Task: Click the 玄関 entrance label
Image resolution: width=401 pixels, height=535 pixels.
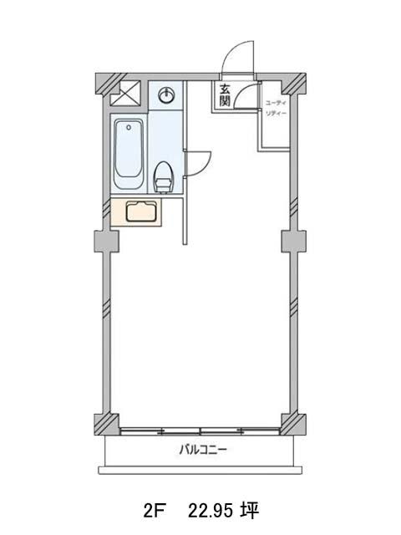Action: [x=225, y=95]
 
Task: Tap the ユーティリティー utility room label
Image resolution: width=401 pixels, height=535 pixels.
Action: [x=277, y=108]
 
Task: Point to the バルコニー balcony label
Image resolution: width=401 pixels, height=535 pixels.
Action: [x=203, y=450]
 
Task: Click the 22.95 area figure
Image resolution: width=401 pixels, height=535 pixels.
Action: [x=211, y=511]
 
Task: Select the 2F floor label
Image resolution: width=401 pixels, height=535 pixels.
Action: [x=155, y=511]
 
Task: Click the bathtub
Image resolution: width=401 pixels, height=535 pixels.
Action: [x=128, y=154]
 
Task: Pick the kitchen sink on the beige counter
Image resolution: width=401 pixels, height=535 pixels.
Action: [x=141, y=211]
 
